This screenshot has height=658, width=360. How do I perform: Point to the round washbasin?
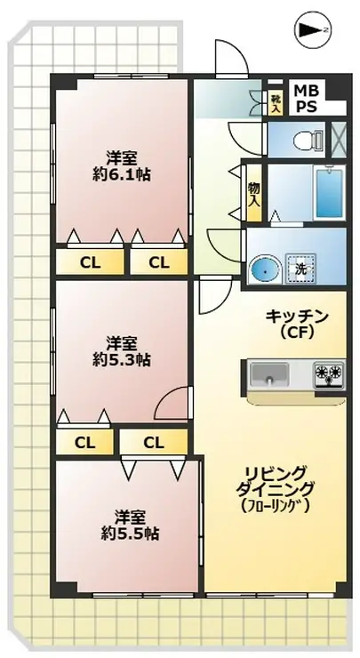click(264, 268)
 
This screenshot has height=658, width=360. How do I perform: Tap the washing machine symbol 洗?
click(300, 268)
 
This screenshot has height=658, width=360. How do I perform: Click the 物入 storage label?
click(254, 194)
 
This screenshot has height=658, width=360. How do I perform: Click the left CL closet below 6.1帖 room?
click(89, 261)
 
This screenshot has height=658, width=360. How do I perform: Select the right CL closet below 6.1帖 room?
click(158, 261)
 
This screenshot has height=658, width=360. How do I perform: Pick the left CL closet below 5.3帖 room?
click(84, 441)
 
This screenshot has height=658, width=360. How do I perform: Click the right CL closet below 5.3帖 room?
click(153, 441)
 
